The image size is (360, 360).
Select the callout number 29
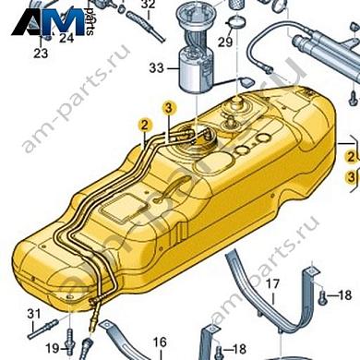pyautogui.click(x=223, y=43)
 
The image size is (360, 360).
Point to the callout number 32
pyautogui.click(x=148, y=5)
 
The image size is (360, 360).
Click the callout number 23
pyautogui.click(x=40, y=54)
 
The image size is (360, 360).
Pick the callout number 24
pyautogui.click(x=66, y=39)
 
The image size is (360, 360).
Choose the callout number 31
pyautogui.click(x=34, y=316)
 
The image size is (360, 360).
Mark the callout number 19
pyautogui.click(x=52, y=347)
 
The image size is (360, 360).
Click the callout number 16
pyautogui.click(x=159, y=343)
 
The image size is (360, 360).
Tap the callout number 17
pyautogui.click(x=272, y=286)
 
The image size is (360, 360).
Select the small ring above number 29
pyautogui.click(x=236, y=22)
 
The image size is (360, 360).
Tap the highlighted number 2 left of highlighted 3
pyautogui.click(x=143, y=122)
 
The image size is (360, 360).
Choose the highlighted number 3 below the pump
pyautogui.click(x=168, y=109)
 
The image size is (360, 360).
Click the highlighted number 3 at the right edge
pyautogui.click(x=352, y=175)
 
